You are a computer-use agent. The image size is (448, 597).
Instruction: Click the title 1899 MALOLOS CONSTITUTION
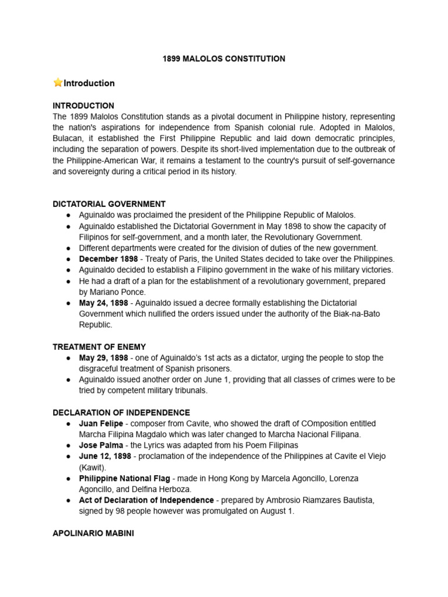pyautogui.click(x=223, y=59)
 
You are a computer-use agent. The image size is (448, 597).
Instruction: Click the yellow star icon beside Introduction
pyautogui.click(x=58, y=83)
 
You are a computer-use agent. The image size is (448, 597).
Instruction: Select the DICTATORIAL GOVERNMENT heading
pyautogui.click(x=109, y=204)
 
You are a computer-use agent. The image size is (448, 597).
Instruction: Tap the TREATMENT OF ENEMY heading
pyautogui.click(x=99, y=347)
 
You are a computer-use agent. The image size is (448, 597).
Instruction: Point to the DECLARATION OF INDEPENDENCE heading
pyautogui.click(x=121, y=413)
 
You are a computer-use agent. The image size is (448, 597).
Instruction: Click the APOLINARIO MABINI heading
pyautogui.click(x=93, y=533)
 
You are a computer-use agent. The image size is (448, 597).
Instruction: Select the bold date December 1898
pyautogui.click(x=108, y=259)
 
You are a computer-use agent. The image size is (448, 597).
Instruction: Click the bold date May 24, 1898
pyautogui.click(x=103, y=303)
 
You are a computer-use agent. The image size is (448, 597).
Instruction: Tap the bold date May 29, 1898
pyautogui.click(x=103, y=358)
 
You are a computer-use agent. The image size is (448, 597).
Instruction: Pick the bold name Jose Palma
pyautogui.click(x=101, y=445)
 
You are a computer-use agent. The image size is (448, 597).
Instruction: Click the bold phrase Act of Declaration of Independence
pyautogui.click(x=146, y=500)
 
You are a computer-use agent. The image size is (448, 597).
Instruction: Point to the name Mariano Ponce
pyautogui.click(x=117, y=292)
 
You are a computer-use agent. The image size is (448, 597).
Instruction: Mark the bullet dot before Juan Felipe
pyautogui.click(x=69, y=424)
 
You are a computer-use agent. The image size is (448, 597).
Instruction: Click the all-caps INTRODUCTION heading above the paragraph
pyautogui.click(x=83, y=106)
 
